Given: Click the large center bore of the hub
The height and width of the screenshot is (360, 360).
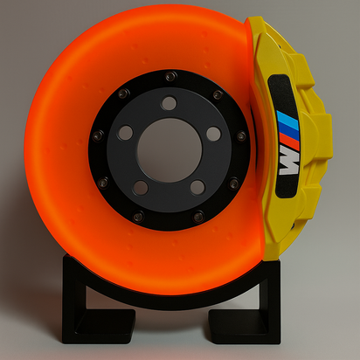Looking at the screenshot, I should pyautogui.click(x=169, y=149).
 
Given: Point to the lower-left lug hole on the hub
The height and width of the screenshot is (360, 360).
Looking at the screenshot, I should pyautogui.click(x=141, y=186).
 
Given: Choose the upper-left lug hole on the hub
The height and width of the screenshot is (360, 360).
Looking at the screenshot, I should pyautogui.click(x=125, y=133).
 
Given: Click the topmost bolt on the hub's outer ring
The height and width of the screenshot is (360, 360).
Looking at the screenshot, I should pyautogui.click(x=170, y=78).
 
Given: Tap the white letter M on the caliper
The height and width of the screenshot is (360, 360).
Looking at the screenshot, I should pyautogui.click(x=288, y=161).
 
